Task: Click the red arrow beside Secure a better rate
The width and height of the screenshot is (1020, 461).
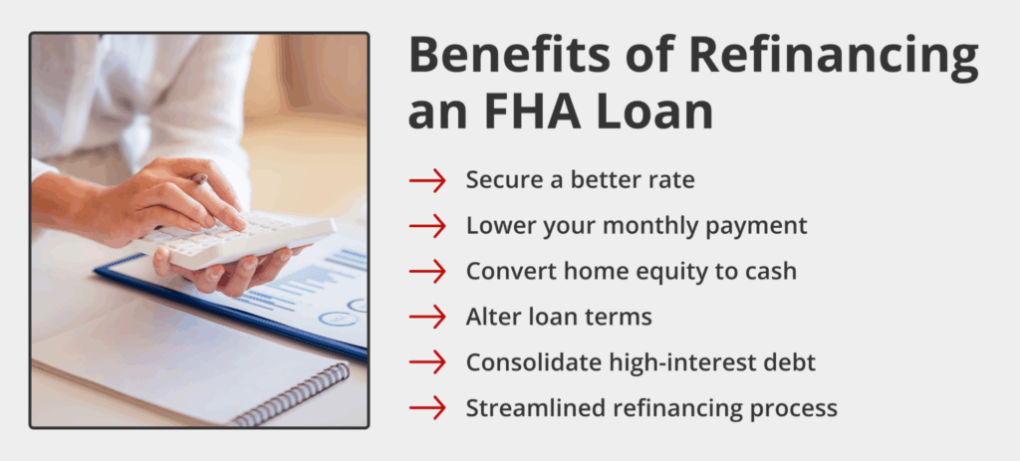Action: coord(426,180)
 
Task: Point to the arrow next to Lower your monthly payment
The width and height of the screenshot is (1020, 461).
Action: coord(426,226)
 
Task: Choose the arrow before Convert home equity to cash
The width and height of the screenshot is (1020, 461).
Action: coord(426,272)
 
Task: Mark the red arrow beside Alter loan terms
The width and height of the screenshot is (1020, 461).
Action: coord(426,318)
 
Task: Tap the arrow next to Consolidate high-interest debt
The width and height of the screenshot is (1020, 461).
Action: coord(426,363)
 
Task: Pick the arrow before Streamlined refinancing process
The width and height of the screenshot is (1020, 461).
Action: coord(426,408)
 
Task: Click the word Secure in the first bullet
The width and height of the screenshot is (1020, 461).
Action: coord(502,180)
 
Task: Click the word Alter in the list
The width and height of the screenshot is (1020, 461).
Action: coord(490,318)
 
